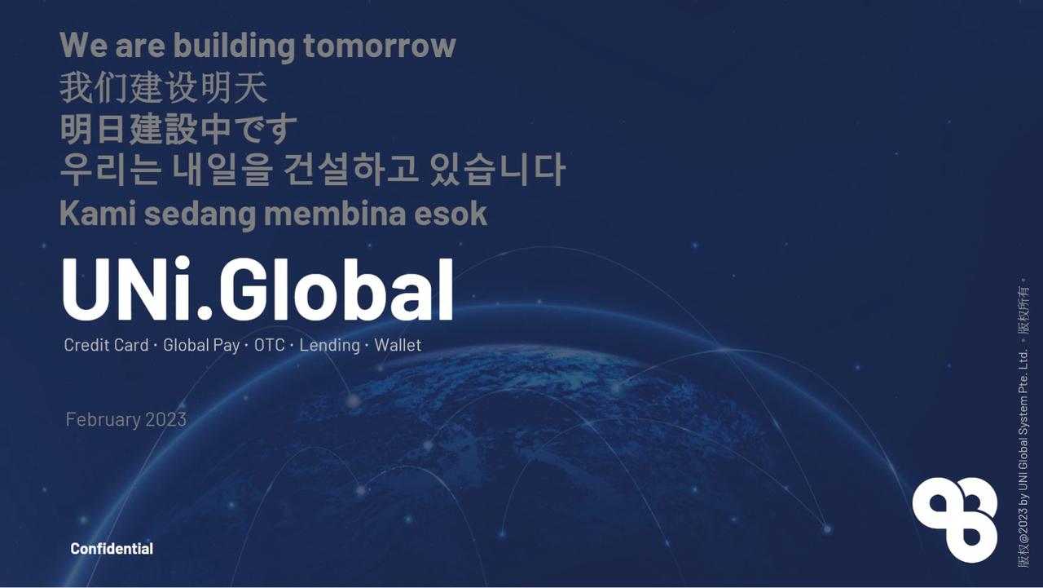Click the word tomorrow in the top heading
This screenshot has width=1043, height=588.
pyautogui.click(x=379, y=46)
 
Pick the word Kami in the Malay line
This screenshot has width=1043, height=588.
pyautogui.click(x=97, y=214)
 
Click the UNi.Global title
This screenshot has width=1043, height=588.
pyautogui.click(x=257, y=290)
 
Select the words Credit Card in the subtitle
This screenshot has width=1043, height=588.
pyautogui.click(x=106, y=345)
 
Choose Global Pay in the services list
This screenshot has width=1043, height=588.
pyautogui.click(x=201, y=345)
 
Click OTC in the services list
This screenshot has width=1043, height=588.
pyautogui.click(x=270, y=345)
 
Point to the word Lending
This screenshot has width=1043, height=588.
pyautogui.click(x=329, y=345)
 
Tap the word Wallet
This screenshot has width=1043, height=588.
pyautogui.click(x=398, y=345)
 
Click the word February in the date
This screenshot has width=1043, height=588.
pyautogui.click(x=103, y=419)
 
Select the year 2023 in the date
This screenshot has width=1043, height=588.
pyautogui.click(x=166, y=419)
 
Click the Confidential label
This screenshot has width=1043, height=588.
pyautogui.click(x=112, y=549)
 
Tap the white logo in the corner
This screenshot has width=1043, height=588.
pyautogui.click(x=955, y=519)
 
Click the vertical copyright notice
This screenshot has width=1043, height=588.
pyautogui.click(x=1023, y=424)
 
